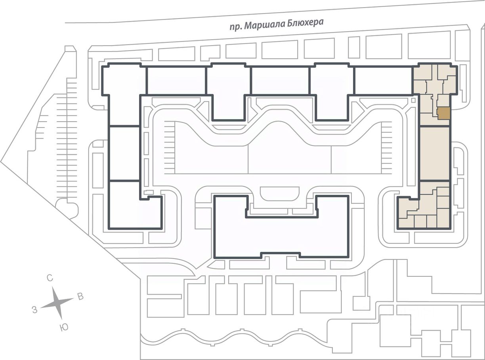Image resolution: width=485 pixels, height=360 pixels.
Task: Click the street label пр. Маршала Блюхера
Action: pos(277,25)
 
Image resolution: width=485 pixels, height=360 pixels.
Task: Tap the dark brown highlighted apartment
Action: pos(443,113)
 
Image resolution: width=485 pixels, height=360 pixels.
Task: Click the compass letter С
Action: pos(50,278)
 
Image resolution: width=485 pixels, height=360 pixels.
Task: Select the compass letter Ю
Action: pos(64,328)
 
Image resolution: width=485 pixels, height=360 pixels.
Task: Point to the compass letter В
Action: pos(80,297)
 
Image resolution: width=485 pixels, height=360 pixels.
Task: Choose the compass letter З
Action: pos(34,310)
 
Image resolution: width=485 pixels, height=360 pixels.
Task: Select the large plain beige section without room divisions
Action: pos(435,154)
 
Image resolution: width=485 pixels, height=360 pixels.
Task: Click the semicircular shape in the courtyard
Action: pos(280,193)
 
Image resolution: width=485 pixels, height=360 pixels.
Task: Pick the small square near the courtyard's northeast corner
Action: pos(413,100)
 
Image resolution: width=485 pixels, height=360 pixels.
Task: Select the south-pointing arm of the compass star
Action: pos(60,312)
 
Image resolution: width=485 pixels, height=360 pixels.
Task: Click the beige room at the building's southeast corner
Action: pos(443,218)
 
